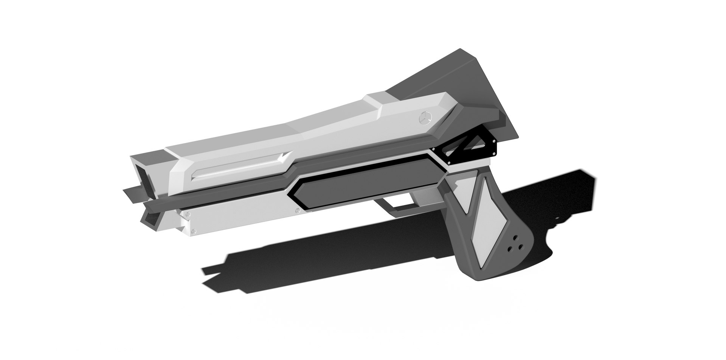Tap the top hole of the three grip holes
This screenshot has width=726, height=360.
click(x=514, y=237)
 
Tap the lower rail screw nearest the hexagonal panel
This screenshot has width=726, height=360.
click(x=298, y=210)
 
